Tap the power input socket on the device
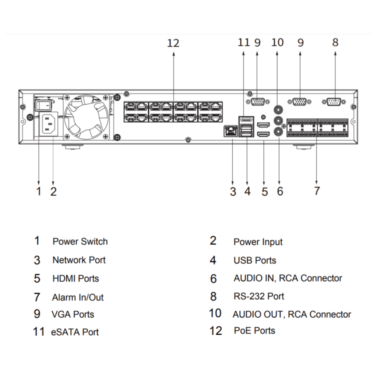[x=47, y=124]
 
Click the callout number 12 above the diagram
[x=173, y=43]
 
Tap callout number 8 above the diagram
[x=335, y=42]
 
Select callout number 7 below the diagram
[x=317, y=191]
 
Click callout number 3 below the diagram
[x=233, y=191]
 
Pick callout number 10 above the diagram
[x=278, y=43]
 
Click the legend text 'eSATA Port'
[x=75, y=332]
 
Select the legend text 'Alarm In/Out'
[x=78, y=297]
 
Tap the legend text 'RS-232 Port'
[x=259, y=296]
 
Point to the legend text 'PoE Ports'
[x=254, y=331]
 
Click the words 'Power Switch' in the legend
[x=80, y=242]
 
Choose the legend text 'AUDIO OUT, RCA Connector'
[x=292, y=315]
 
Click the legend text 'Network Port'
[x=79, y=260]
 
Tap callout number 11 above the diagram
[x=244, y=43]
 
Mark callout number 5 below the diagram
[x=265, y=191]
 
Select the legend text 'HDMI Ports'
[x=75, y=279]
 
